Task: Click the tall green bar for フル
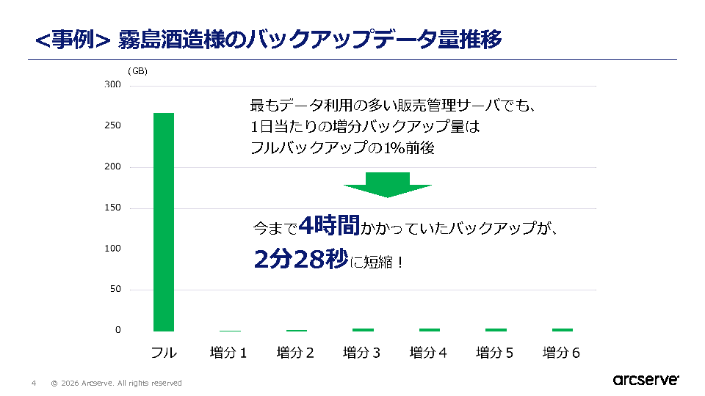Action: [164, 221]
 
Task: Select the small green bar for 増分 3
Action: [363, 329]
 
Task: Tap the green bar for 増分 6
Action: [563, 329]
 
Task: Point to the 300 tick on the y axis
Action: [112, 85]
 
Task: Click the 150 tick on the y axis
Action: [112, 208]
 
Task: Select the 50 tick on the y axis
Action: [115, 289]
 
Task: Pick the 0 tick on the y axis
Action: [117, 330]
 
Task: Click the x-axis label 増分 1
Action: [228, 353]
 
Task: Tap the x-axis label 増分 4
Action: [428, 353]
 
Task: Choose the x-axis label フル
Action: [164, 353]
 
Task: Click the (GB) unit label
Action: [137, 71]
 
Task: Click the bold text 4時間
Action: [329, 227]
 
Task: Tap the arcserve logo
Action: [646, 380]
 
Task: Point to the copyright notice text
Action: [116, 383]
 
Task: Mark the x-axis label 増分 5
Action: [495, 353]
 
